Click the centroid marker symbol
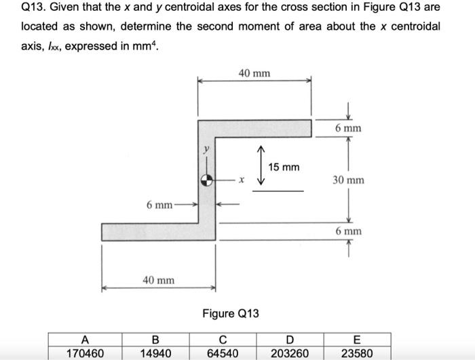(x=208, y=181)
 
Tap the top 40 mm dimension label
(x=254, y=73)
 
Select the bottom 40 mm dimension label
(x=158, y=279)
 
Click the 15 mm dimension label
(x=283, y=167)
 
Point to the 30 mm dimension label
(x=348, y=180)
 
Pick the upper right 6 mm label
(x=348, y=128)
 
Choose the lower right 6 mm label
(x=348, y=231)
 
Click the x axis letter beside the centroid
(x=241, y=181)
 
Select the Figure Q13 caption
(x=231, y=313)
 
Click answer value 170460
(x=84, y=353)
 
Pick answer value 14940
(x=155, y=353)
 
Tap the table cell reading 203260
(x=290, y=353)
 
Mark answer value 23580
(x=356, y=353)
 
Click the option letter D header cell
(x=290, y=340)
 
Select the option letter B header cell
(x=155, y=340)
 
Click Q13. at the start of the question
(x=35, y=8)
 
